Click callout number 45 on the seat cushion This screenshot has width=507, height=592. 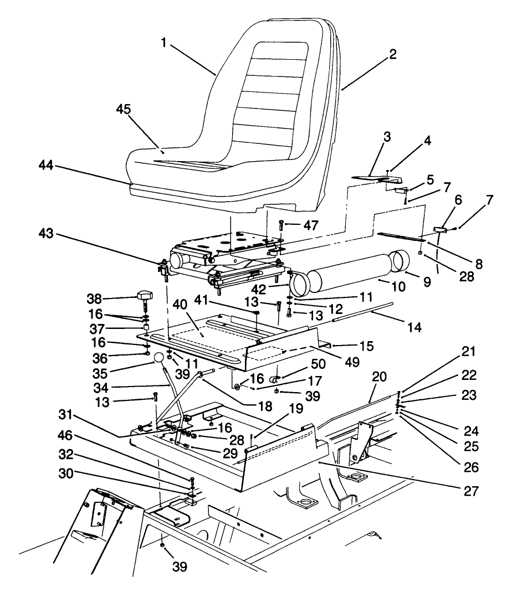[124, 110]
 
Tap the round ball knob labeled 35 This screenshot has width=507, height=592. [159, 358]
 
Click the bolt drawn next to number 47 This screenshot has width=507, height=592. [281, 225]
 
